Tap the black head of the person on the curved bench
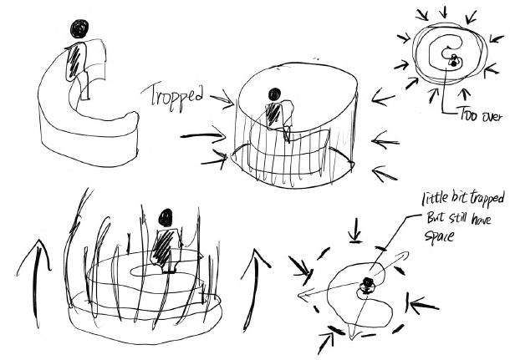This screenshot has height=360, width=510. [80, 30]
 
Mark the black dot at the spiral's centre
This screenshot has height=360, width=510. [451, 61]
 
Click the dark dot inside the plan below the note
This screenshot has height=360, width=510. [366, 284]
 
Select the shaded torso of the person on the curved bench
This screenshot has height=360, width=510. [78, 60]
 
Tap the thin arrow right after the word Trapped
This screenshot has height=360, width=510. [220, 103]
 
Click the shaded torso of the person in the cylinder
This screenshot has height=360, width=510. [273, 114]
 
